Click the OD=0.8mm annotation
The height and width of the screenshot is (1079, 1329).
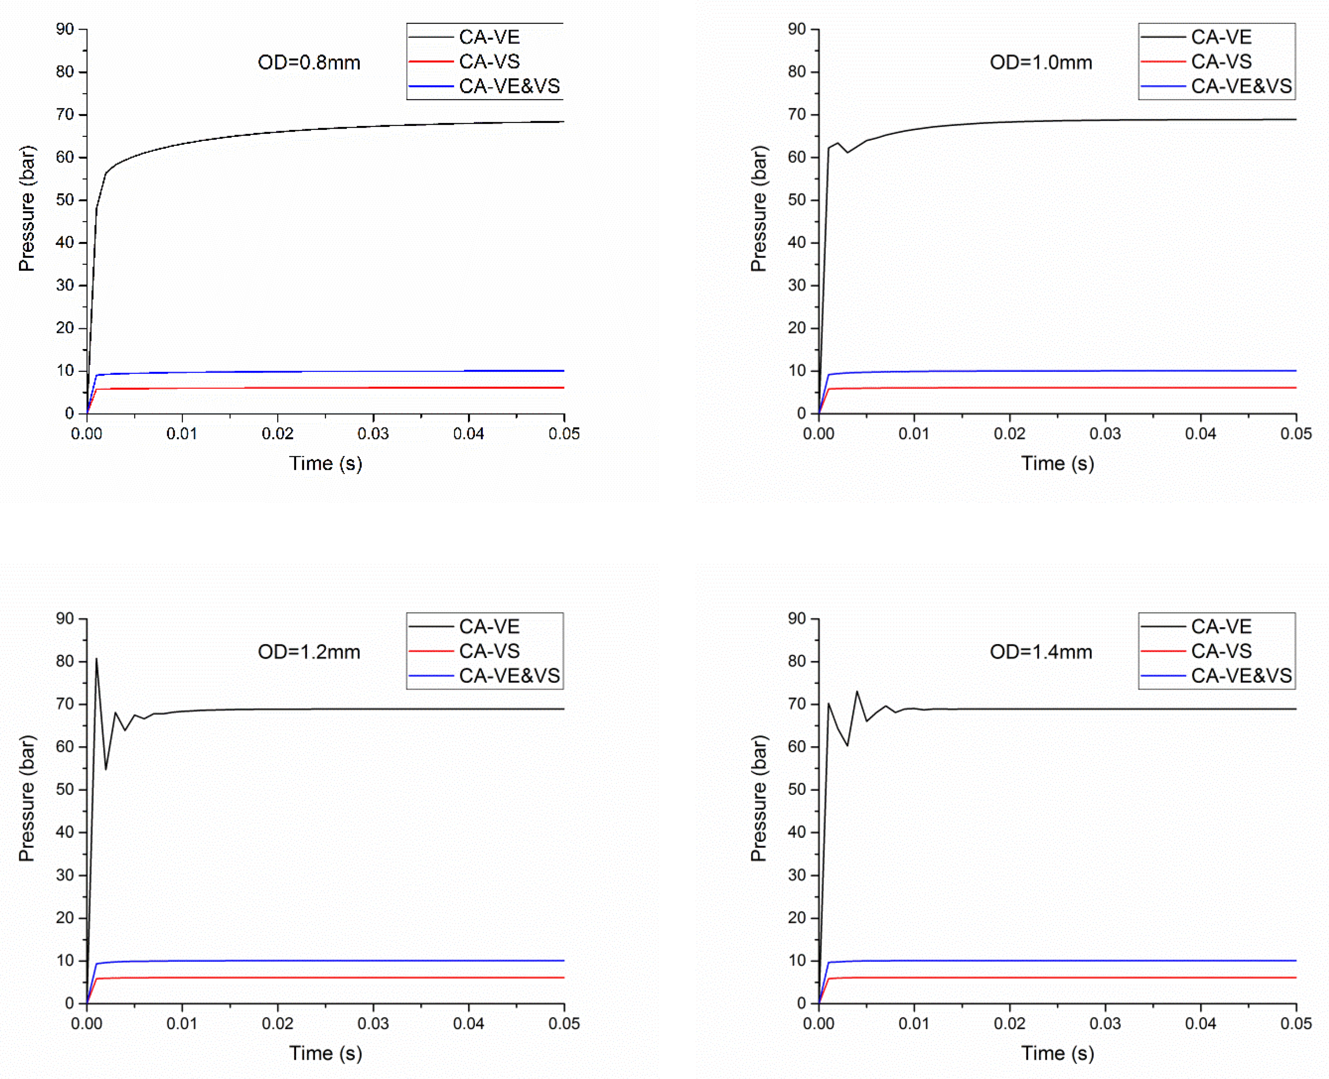309,63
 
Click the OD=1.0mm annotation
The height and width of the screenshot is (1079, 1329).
1041,63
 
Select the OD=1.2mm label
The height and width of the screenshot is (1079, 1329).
309,652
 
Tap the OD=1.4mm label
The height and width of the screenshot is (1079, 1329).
1041,652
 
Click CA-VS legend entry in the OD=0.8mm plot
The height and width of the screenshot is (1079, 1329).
489,62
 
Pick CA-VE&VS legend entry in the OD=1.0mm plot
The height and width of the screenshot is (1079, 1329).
1241,86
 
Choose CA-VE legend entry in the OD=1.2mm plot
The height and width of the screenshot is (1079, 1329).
489,627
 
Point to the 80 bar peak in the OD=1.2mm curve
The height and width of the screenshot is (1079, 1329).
97,659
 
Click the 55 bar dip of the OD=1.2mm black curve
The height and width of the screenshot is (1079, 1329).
106,769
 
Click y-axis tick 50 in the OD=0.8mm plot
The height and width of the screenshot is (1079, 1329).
65,200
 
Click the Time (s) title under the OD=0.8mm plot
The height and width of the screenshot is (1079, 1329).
325,464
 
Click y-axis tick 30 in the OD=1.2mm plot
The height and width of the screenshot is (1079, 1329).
65,875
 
